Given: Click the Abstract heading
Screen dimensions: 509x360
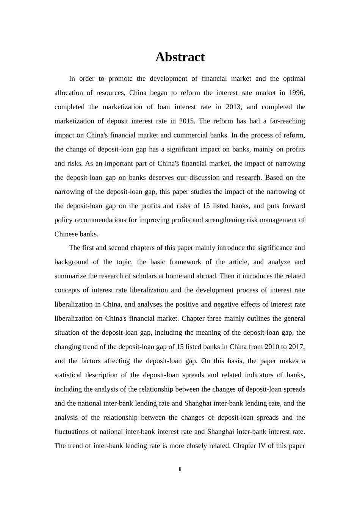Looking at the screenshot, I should click(x=180, y=57).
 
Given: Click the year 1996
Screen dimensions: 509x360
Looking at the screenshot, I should click(x=297, y=93).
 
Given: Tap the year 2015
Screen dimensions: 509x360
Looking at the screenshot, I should click(x=186, y=121).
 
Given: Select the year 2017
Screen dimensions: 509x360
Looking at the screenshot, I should click(x=297, y=347).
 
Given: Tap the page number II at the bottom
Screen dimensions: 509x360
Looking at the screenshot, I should click(x=180, y=469).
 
